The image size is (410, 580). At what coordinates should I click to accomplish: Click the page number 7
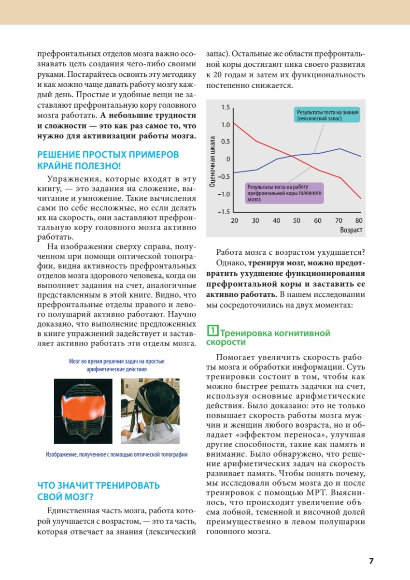pos(371,561)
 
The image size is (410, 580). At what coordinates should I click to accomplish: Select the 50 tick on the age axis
pos(297,220)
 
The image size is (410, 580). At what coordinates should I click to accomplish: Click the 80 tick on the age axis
pos(358,220)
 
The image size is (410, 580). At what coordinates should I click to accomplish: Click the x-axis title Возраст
pos(351,230)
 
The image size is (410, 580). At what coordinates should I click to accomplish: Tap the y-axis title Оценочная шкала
pos(212,159)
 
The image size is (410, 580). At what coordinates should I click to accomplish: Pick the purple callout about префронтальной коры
pos(283,192)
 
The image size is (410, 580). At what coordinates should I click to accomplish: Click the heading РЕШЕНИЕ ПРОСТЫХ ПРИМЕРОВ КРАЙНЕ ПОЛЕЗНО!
pos(108,160)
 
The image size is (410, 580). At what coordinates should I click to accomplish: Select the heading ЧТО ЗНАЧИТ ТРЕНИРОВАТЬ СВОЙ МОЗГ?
pos(99,491)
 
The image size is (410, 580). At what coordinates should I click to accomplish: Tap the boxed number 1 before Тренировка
pos(212,331)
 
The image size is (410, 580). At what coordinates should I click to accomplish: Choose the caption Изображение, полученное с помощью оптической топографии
pos(116,455)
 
